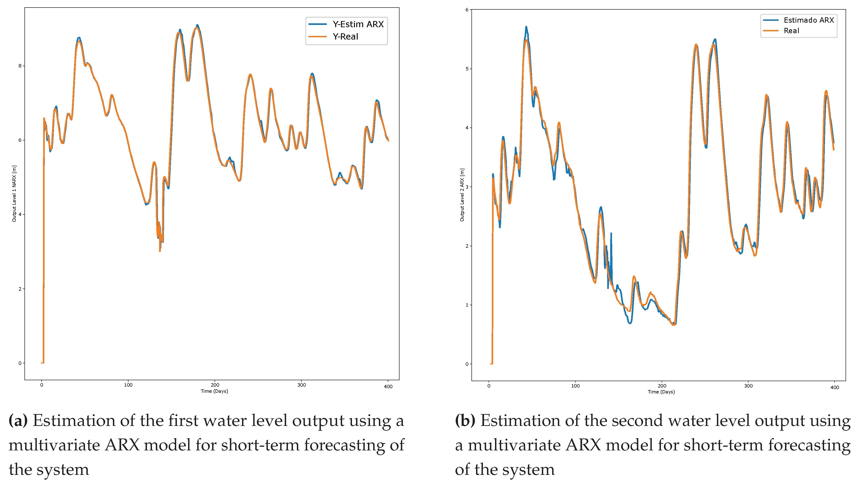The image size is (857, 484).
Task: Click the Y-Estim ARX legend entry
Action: pyautogui.click(x=358, y=24)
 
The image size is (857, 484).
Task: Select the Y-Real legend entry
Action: pyautogui.click(x=345, y=37)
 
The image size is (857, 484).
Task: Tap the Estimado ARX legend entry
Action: pyautogui.click(x=808, y=20)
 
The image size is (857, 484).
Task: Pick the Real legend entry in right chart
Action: pyautogui.click(x=791, y=31)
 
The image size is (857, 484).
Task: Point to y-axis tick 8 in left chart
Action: pyautogui.click(x=20, y=66)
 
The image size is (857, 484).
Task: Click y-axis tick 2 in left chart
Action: pyautogui.click(x=20, y=289)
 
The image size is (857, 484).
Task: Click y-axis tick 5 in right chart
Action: pyautogui.click(x=467, y=69)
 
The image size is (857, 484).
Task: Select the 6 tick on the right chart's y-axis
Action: pyautogui.click(x=467, y=10)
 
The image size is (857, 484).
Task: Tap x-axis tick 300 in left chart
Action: pyautogui.click(x=301, y=385)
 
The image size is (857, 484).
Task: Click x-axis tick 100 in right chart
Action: pyautogui.click(x=575, y=386)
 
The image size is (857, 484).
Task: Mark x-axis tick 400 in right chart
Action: pyautogui.click(x=835, y=387)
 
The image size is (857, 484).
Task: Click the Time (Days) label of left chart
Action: pyautogui.click(x=214, y=391)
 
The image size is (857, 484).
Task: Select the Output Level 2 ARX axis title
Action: pyautogui.click(x=462, y=195)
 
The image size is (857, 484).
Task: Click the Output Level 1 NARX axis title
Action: pyautogui.click(x=14, y=193)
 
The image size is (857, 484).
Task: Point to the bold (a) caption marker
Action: pyautogui.click(x=18, y=420)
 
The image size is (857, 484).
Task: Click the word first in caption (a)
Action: pyautogui.click(x=183, y=420)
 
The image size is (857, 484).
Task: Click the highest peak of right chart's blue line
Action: pyautogui.click(x=526, y=27)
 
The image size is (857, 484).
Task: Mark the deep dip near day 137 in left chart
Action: pyautogui.click(x=160, y=250)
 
